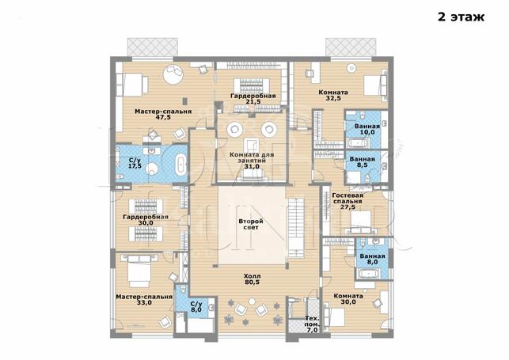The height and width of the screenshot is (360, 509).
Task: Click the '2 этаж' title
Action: [x=461, y=17]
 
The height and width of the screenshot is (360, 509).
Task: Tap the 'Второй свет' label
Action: [x=251, y=225]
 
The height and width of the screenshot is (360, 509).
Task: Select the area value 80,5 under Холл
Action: [x=252, y=282]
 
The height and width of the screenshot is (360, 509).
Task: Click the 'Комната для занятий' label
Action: [x=252, y=157]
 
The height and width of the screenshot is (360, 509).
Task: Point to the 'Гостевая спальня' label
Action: [x=348, y=198]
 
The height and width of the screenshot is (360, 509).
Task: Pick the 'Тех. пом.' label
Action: [x=312, y=321]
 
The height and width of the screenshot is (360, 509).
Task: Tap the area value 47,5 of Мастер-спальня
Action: [x=163, y=117]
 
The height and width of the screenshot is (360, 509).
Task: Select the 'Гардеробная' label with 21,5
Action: [x=253, y=96]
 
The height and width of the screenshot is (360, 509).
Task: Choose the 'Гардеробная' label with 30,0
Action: [x=146, y=217]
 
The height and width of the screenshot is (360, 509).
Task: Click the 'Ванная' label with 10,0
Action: [x=367, y=127]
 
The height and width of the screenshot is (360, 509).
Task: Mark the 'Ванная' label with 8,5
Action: [x=363, y=159]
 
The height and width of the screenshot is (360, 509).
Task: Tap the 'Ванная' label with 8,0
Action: [x=372, y=256]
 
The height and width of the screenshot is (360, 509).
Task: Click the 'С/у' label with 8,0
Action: [x=196, y=304]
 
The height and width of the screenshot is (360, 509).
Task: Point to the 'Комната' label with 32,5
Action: [x=333, y=93]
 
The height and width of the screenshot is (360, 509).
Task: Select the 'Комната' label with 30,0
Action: [x=348, y=296]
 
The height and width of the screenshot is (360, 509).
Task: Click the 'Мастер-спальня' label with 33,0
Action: [x=144, y=297]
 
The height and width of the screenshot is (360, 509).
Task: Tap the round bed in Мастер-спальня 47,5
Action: [x=173, y=74]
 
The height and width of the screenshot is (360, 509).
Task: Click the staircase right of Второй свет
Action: [x=295, y=228]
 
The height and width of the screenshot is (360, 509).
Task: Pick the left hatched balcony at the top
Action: [x=152, y=47]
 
